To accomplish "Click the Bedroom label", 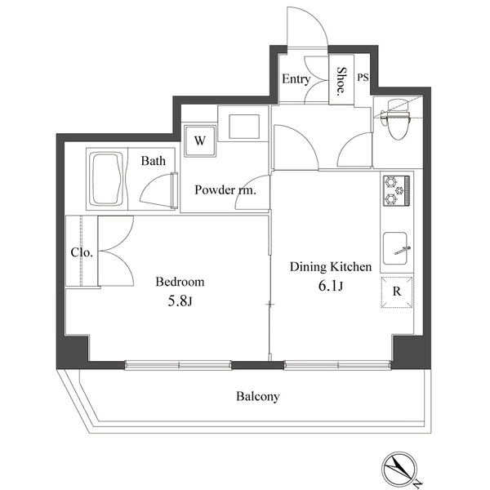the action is pos(180,282).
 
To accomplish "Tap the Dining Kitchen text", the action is pos(331,266).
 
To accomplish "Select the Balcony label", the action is pos(258,397).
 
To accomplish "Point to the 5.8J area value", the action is pos(180,301).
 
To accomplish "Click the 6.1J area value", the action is pos(331,286).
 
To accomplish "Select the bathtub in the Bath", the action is pos(106,179).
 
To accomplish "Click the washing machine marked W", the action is pos(200,141).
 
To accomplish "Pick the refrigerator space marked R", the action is pos(397,292).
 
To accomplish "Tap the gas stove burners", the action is pos(396,190).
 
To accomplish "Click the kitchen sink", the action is pos(396,248).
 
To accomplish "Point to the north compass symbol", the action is pos(399,469).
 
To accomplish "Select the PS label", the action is pos(363,78).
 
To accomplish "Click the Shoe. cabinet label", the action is pos(341,81).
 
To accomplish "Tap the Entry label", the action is pos(296,78).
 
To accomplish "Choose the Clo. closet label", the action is pos(82,252).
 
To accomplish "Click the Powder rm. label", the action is pos(225,189).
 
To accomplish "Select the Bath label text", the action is pos(154,161).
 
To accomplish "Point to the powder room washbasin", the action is pos(244,127).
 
